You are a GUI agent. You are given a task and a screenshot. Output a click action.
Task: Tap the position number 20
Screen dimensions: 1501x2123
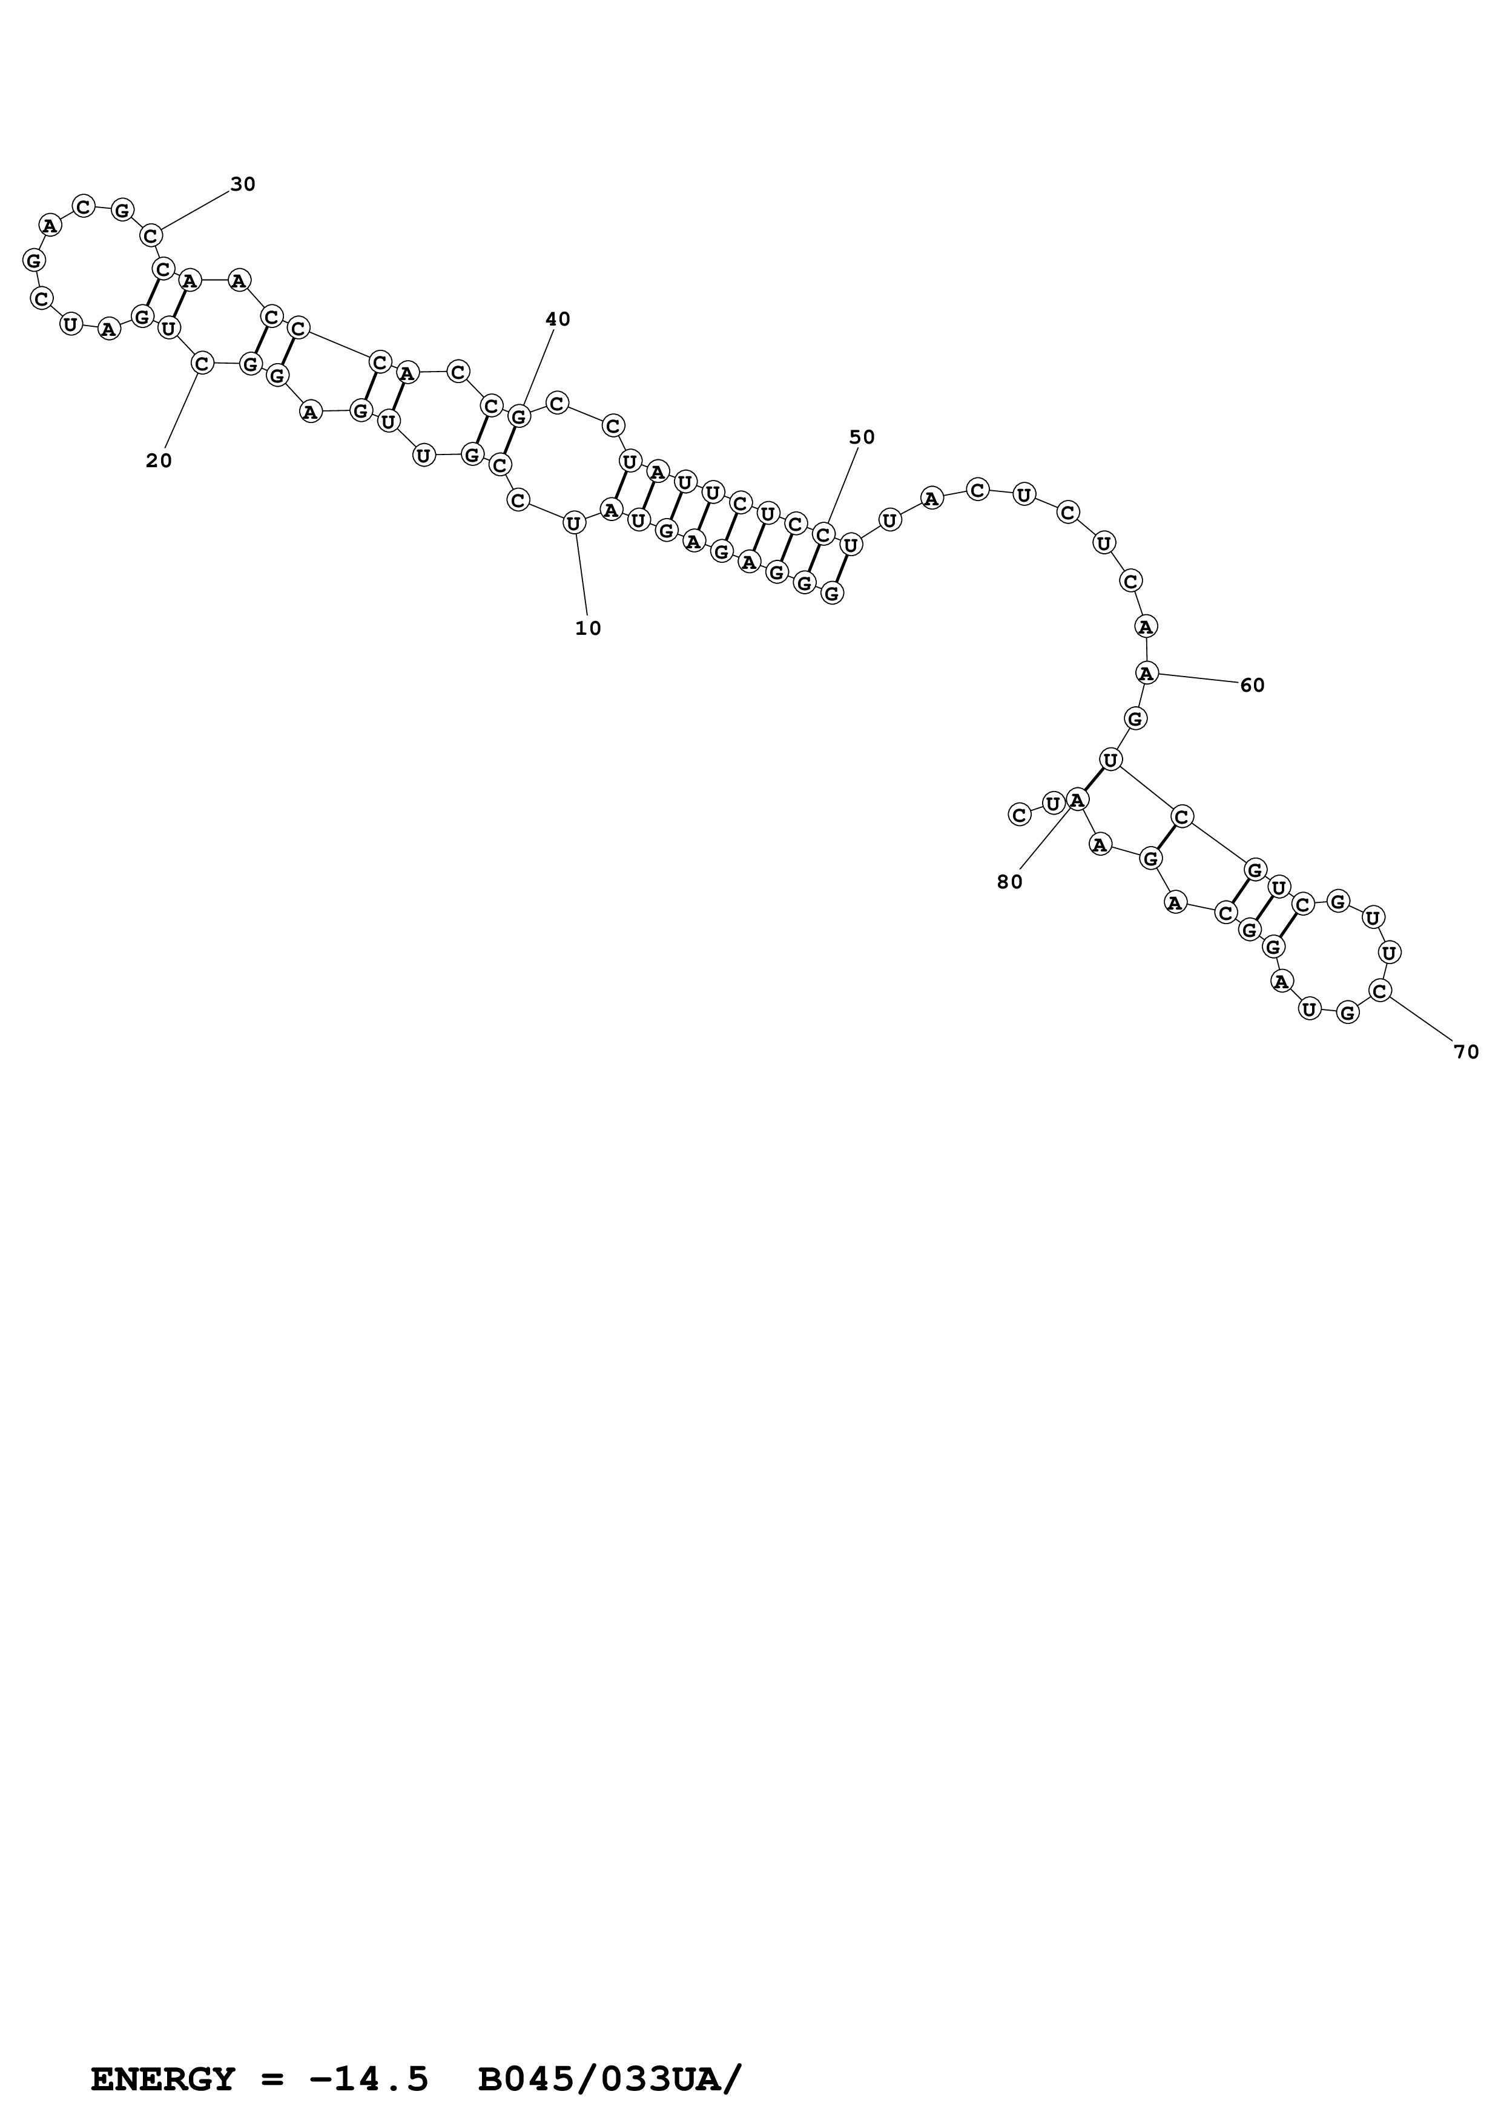pyautogui.click(x=159, y=461)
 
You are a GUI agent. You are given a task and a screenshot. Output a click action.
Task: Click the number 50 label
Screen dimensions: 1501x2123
pyautogui.click(x=862, y=438)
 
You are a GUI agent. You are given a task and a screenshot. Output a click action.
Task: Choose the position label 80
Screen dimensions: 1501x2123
pyautogui.click(x=1010, y=883)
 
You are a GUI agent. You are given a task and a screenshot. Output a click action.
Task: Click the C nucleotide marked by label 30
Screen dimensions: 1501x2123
pyautogui.click(x=151, y=236)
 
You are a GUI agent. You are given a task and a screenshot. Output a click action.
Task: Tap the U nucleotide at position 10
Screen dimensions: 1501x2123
pyautogui.click(x=573, y=523)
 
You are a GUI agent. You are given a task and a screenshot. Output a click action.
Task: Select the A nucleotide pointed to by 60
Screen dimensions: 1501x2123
pyautogui.click(x=1147, y=674)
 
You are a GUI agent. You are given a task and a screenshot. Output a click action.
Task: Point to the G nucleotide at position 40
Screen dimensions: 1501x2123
pyautogui.click(x=520, y=416)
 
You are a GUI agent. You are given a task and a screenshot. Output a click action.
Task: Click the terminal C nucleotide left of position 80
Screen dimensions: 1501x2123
pyautogui.click(x=1018, y=815)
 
